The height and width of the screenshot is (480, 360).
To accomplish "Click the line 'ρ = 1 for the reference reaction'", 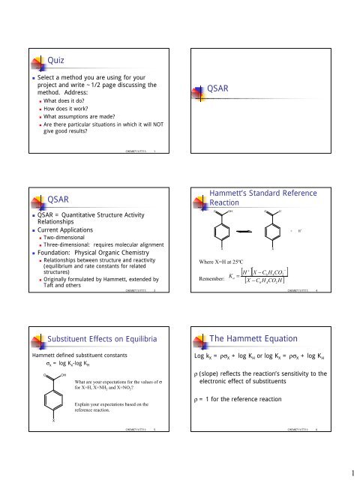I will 243,409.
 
